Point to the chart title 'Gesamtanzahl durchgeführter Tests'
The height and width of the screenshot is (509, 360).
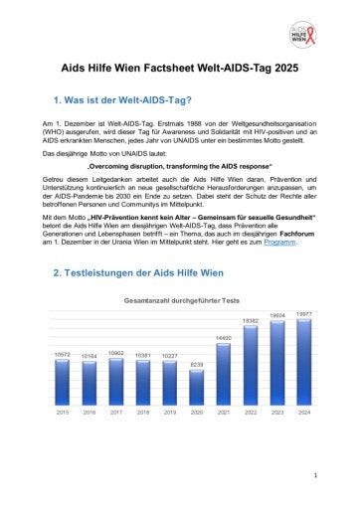180,298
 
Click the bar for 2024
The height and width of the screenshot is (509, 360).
304,361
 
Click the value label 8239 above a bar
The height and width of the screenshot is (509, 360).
197,365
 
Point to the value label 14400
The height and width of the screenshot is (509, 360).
224,339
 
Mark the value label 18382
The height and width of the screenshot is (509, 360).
251,321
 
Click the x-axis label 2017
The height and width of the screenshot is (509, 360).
116,411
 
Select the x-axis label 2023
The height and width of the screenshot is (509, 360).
277,411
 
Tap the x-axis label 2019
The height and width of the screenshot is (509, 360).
170,411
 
